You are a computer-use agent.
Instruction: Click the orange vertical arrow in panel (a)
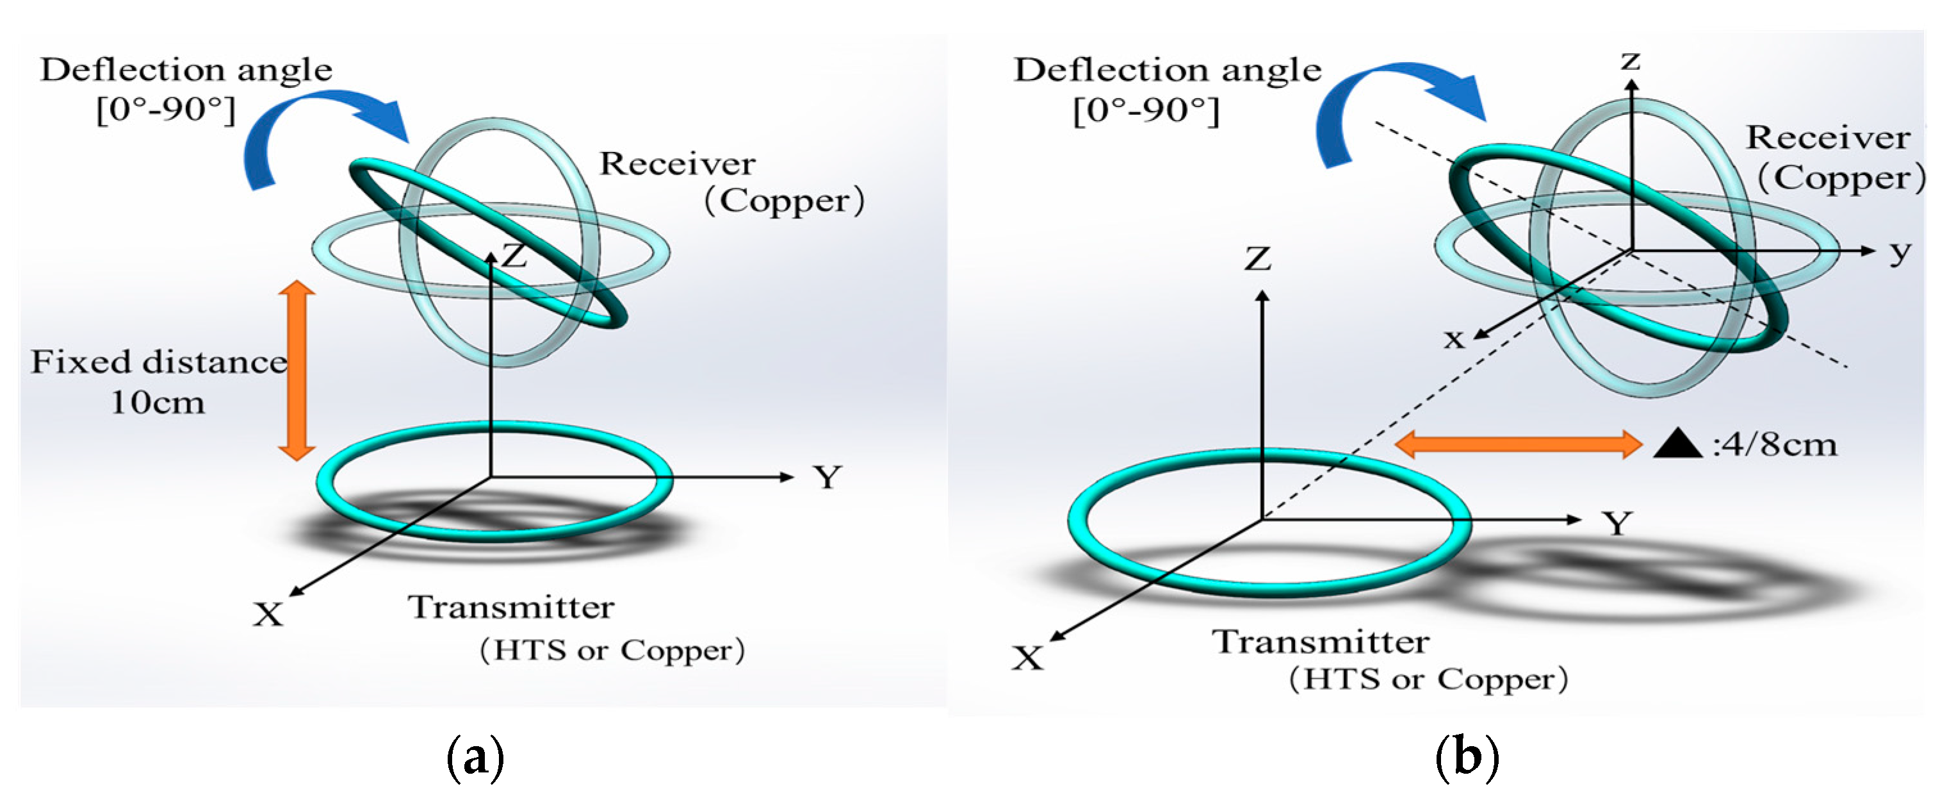297,371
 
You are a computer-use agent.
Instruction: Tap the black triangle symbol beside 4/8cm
1677,445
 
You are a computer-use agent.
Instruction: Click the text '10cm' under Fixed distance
158,403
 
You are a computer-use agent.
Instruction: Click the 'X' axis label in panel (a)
268,615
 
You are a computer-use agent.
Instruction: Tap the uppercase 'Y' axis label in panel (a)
827,477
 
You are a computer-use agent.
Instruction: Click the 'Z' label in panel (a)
515,256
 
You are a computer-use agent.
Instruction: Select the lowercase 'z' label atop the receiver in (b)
1631,60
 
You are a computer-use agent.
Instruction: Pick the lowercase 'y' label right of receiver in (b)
1900,252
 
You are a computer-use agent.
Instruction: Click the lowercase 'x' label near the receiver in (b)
1453,338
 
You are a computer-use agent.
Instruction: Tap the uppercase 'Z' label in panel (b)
1258,260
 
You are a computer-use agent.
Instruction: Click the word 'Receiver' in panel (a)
677,164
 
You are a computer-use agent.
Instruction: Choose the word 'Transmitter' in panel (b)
1321,642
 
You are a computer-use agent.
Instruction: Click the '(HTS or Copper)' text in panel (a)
612,650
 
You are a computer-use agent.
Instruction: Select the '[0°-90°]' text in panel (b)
1146,111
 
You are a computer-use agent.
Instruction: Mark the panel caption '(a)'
475,757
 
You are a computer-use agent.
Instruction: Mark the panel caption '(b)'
1466,757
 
